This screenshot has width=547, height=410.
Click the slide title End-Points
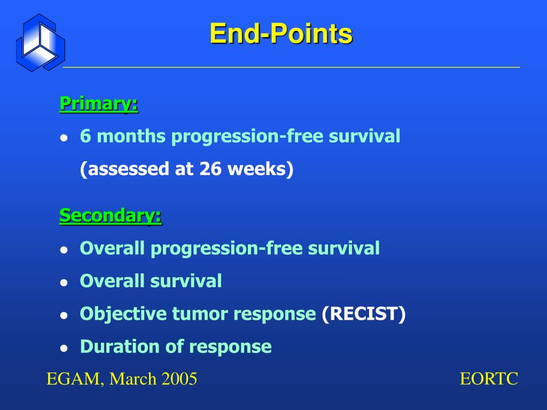pyautogui.click(x=281, y=34)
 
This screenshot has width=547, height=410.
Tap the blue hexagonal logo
pyautogui.click(x=41, y=43)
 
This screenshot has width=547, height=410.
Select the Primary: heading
pyautogui.click(x=99, y=104)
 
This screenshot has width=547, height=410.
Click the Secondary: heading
pyautogui.click(x=111, y=216)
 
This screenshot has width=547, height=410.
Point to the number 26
pyautogui.click(x=210, y=169)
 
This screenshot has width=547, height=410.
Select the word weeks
pyautogui.click(x=257, y=169)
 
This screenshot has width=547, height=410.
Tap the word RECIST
pyautogui.click(x=363, y=313)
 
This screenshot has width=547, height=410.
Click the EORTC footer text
pyautogui.click(x=489, y=379)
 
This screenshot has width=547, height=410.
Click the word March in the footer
pyautogui.click(x=132, y=379)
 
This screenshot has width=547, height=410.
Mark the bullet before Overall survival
pyautogui.click(x=64, y=282)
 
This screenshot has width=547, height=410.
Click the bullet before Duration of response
pyautogui.click(x=64, y=348)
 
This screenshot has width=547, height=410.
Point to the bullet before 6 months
pyautogui.click(x=64, y=137)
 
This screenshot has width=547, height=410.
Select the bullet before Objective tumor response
pyautogui.click(x=64, y=315)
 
